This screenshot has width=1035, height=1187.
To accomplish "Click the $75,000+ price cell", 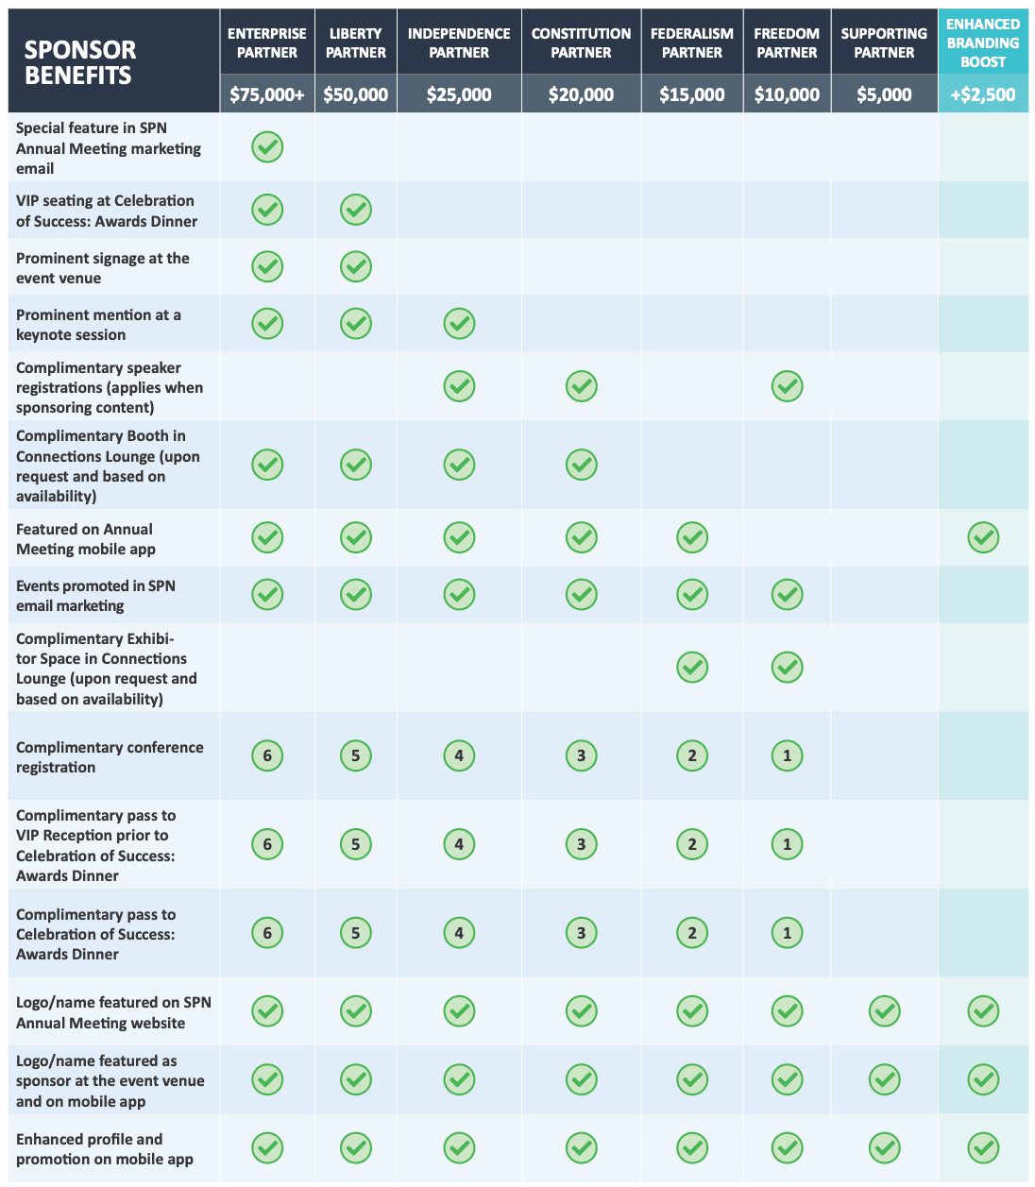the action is tap(267, 94).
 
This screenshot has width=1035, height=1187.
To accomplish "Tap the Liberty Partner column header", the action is tap(356, 42).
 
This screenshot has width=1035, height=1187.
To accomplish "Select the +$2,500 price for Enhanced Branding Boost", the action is tap(983, 94).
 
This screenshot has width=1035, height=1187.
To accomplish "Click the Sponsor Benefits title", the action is tap(80, 62).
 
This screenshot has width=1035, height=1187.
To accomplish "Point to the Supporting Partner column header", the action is tap(884, 42).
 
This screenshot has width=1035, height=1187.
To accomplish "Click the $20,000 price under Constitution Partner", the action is tap(581, 94).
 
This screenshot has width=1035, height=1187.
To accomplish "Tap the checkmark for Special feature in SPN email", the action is tap(267, 146).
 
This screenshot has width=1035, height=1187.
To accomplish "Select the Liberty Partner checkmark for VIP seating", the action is tap(356, 210).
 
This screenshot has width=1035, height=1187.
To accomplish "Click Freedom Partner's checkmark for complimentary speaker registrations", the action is tap(787, 386).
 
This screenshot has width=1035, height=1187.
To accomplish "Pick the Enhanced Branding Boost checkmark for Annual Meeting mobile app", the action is tap(983, 537).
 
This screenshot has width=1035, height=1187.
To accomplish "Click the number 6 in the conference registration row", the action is tap(267, 755).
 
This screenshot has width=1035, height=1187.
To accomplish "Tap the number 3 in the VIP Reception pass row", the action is tap(581, 844).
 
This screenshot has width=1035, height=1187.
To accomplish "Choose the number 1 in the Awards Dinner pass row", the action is tap(787, 933).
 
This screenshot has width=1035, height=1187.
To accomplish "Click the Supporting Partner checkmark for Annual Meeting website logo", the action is tap(884, 1011).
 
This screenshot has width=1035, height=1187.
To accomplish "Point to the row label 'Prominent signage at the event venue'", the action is tap(103, 267).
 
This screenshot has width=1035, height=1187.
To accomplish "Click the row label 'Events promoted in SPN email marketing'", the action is tap(95, 595).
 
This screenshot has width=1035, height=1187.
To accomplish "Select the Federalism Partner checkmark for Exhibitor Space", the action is tap(691, 668).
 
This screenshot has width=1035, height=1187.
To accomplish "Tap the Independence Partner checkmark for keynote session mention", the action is tap(459, 323).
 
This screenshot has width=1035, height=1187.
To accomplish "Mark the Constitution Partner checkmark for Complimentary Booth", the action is tap(581, 464).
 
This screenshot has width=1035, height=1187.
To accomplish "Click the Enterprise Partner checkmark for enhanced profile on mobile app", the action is tap(267, 1147).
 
